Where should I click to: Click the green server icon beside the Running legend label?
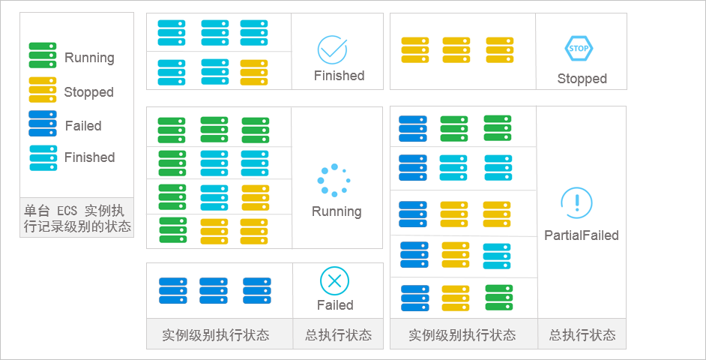coord(43,55)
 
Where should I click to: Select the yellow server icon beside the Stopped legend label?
coord(43,90)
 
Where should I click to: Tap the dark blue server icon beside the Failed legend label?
coord(43,124)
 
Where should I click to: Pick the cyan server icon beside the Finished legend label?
coord(43,157)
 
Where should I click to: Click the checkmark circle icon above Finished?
coord(332,49)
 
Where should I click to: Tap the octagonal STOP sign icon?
coord(579,49)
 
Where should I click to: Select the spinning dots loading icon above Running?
coord(332,180)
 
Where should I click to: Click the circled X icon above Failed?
coord(334,280)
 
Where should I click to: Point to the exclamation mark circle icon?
coord(576,203)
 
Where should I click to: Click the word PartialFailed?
coord(582,235)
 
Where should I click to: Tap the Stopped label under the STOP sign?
coord(582,79)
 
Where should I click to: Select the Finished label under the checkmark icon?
coord(339,76)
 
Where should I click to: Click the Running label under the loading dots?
coord(337,211)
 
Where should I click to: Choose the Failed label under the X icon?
coord(335,305)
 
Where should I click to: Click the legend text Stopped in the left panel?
coord(88,92)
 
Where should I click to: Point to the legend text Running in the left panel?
coord(89,58)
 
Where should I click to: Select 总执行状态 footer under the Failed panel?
coord(338,335)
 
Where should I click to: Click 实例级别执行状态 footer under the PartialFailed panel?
coord(462,335)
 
